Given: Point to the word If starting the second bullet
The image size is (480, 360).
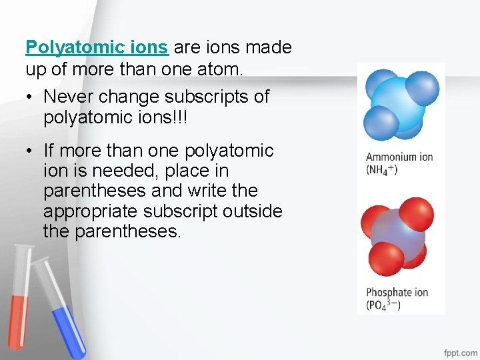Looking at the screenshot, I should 50,151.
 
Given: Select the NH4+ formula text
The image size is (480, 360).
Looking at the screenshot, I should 382,169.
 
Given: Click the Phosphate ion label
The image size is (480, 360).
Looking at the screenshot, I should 397,293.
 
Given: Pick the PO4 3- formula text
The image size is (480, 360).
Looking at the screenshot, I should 384,305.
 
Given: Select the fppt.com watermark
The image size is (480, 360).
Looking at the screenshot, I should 461,352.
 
